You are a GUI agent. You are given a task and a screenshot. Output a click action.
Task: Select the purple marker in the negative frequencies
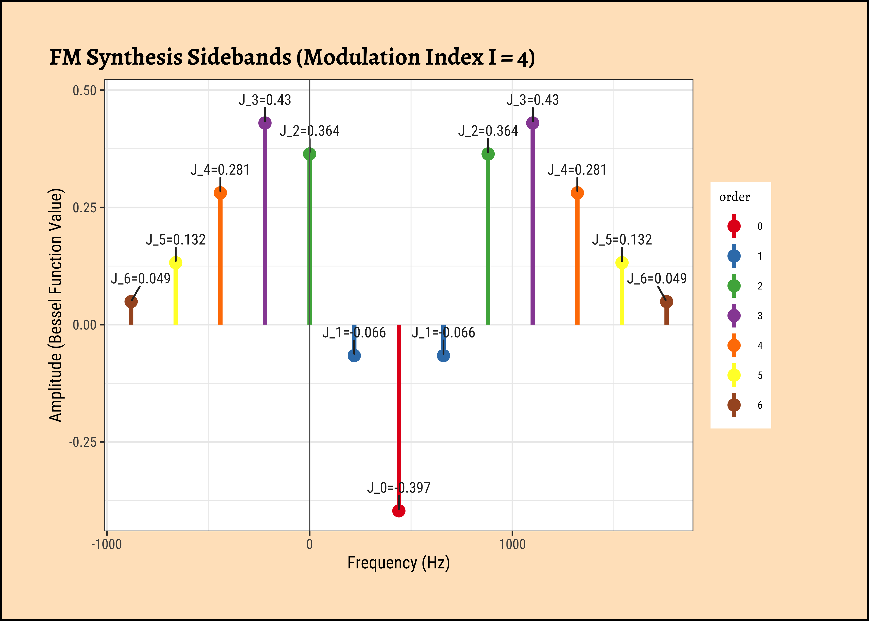click(265, 123)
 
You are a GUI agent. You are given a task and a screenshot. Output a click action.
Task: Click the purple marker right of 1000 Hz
click(533, 123)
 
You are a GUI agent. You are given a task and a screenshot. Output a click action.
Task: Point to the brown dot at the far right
click(666, 302)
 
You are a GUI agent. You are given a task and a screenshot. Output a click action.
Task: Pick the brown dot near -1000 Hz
click(131, 302)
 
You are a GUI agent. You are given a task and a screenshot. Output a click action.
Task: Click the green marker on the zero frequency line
click(310, 154)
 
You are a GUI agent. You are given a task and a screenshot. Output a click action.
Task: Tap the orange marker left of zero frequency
click(220, 193)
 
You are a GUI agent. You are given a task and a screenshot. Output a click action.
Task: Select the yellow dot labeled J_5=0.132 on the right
click(622, 263)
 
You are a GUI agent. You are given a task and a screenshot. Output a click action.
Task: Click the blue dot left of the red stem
click(354, 356)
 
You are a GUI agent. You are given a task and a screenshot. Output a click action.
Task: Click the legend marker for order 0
click(734, 226)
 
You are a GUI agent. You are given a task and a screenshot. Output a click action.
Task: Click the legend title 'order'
click(734, 197)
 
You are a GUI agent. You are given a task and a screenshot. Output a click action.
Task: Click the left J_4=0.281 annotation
click(220, 170)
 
